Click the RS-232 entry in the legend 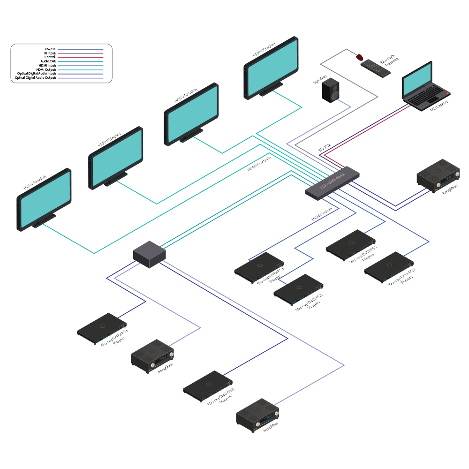[50, 49]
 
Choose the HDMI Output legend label [46, 69]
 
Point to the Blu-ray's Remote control [376, 68]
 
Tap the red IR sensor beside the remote [360, 57]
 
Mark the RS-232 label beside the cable [325, 147]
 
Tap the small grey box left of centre [149, 253]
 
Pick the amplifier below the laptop [438, 176]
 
